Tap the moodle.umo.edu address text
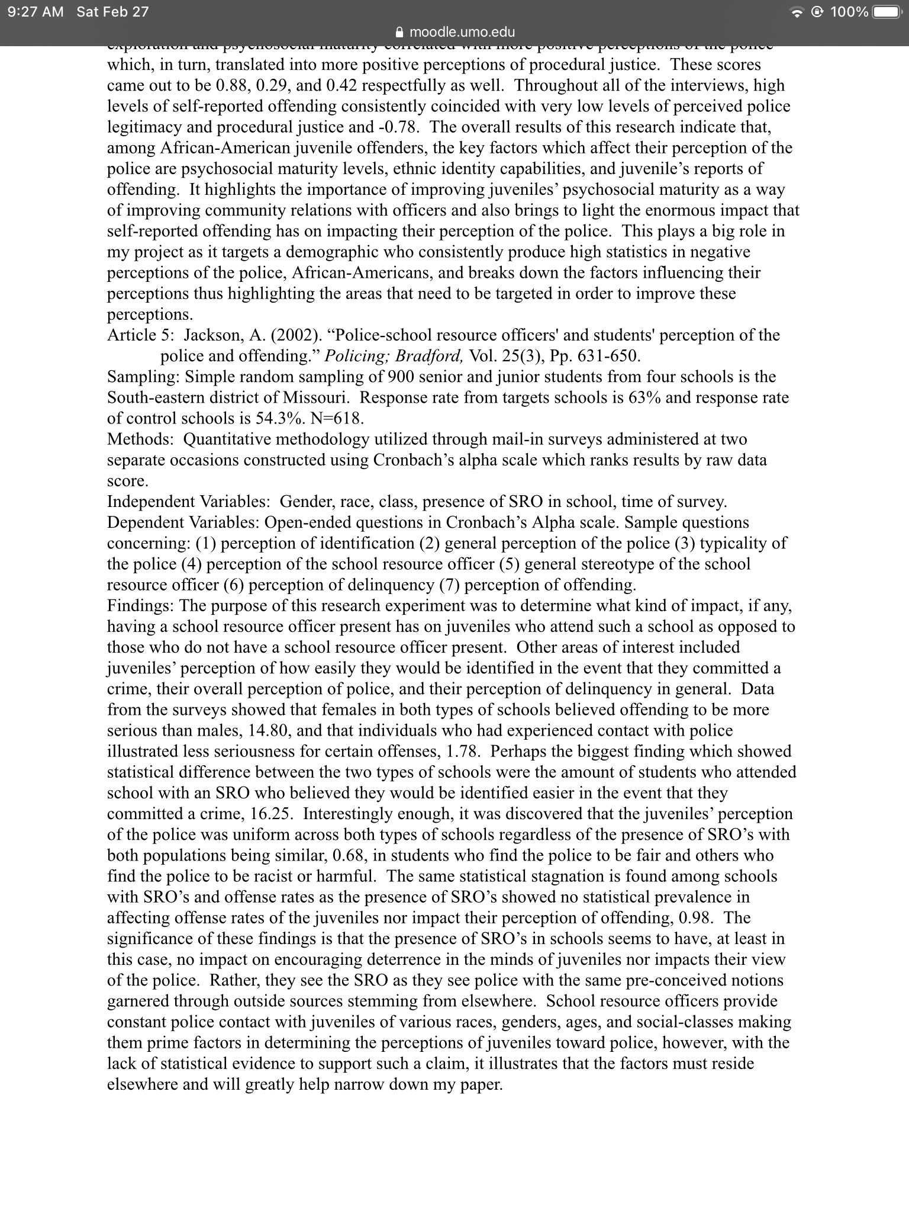pos(462,32)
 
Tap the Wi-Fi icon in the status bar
pos(800,12)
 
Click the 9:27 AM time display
pos(35,12)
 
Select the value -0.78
pos(399,127)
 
